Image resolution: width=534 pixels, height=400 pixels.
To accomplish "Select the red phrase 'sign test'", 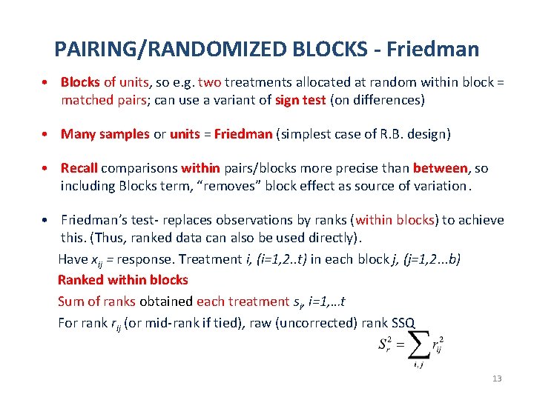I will [300, 99].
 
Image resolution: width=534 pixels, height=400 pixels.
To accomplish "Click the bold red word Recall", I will [79, 168].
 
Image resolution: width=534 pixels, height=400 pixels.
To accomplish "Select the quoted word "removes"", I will [242, 185].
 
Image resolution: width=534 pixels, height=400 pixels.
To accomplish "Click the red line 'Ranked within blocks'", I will [123, 280].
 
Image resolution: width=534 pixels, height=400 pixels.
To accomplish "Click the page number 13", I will [497, 379].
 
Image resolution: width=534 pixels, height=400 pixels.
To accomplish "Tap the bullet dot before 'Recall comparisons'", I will [46, 168].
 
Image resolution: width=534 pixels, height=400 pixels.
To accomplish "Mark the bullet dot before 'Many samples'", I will [46, 134].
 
